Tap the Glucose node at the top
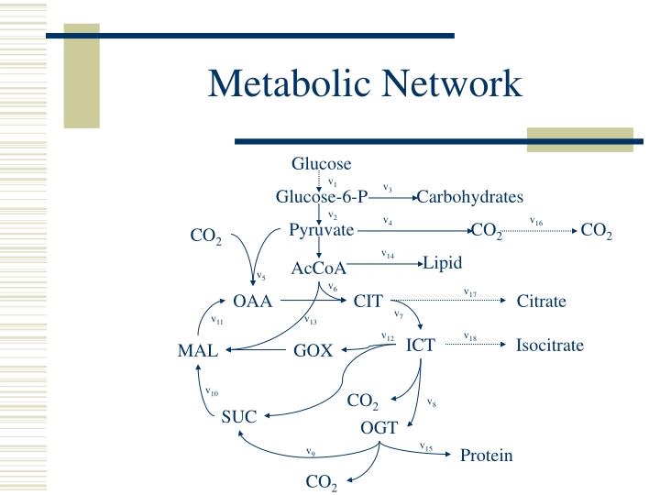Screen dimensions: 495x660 point(321,164)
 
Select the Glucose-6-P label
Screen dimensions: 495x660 point(322,197)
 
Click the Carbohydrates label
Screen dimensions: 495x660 point(469,197)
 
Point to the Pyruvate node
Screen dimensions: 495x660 point(321,230)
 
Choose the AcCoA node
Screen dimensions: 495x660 point(319,268)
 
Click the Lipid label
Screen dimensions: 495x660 point(443,263)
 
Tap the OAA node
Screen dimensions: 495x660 point(253,301)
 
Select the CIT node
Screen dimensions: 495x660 point(368,301)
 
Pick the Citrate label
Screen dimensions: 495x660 point(542,302)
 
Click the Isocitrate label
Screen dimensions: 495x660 point(549,346)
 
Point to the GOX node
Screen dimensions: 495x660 point(313,350)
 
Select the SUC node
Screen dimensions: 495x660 point(238,416)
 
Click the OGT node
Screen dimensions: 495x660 point(379,427)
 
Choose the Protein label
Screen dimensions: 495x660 point(486,456)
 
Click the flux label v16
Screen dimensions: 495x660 point(536,221)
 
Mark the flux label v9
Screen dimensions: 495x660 point(311,451)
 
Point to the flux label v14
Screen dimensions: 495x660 point(388,254)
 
